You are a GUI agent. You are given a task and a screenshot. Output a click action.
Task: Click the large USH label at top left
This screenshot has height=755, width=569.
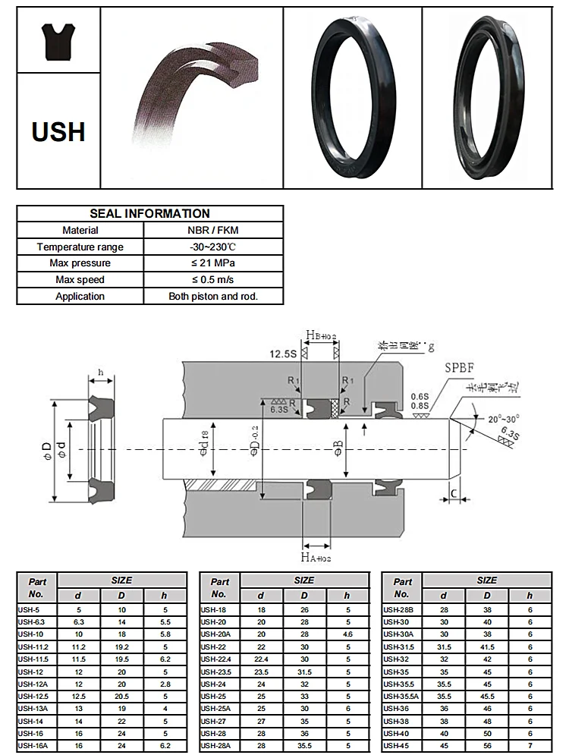point(58,132)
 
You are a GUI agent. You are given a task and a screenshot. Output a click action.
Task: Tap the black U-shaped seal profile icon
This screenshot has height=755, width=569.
point(58,42)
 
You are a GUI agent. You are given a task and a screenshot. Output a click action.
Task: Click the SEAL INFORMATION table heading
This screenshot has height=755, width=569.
point(149,214)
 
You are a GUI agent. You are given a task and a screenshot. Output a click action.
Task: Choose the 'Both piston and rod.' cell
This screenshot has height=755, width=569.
point(214,297)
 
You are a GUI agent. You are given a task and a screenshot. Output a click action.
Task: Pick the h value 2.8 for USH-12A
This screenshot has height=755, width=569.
point(165,683)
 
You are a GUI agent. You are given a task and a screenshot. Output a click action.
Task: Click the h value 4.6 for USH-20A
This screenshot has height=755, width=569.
point(347,634)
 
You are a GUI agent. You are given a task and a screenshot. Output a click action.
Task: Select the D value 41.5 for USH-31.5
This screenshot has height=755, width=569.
point(487,646)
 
